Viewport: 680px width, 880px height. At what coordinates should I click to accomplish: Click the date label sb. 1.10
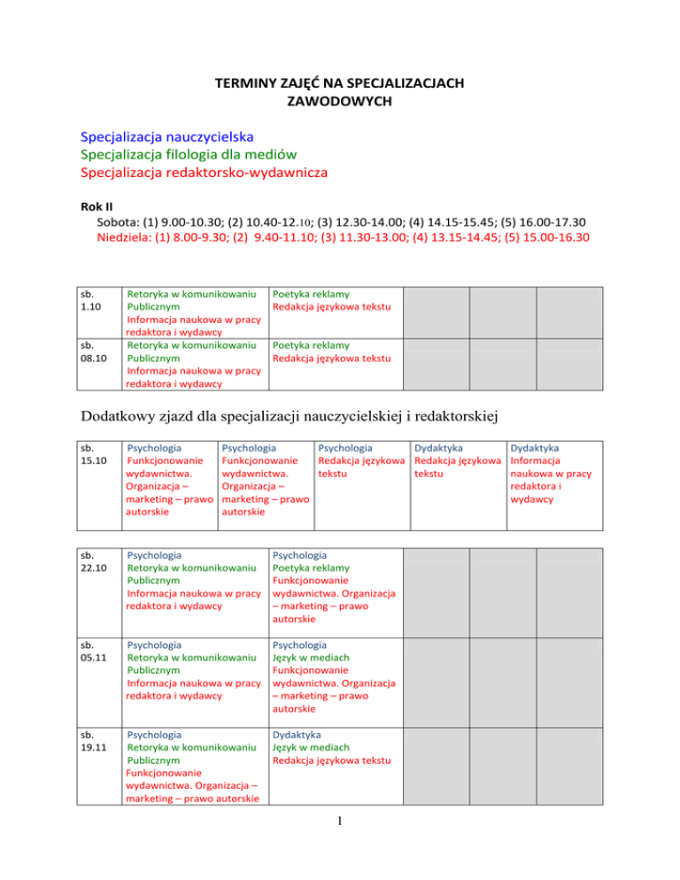coord(90,299)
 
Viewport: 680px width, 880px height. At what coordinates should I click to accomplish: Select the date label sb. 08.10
coord(90,351)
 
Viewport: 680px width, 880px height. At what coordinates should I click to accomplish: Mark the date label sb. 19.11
coord(90,741)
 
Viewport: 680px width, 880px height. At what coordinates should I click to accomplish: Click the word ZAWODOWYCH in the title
coord(339,102)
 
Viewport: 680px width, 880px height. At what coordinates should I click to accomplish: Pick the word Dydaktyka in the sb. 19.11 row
coord(297,735)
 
